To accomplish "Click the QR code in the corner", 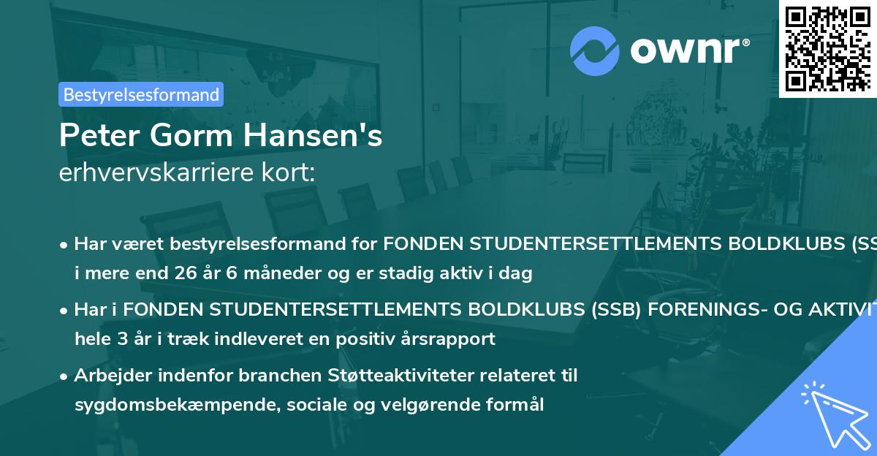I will [827, 48].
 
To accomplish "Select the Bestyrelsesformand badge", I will [141, 94].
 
